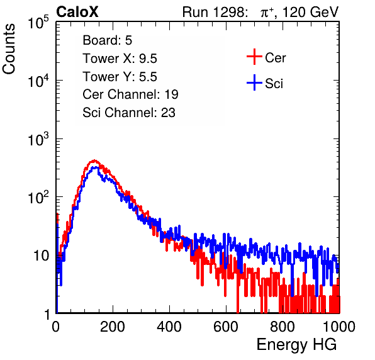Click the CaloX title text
pyautogui.click(x=77, y=12)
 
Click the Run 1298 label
pyautogui.click(x=215, y=12)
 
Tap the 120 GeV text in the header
pyautogui.click(x=310, y=12)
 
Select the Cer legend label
pyautogui.click(x=275, y=58)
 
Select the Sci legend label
pyautogui.click(x=274, y=84)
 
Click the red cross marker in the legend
pyautogui.click(x=254, y=57)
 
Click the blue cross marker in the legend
pyautogui.click(x=254, y=82)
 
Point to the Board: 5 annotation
pyautogui.click(x=108, y=40)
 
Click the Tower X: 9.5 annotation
pyautogui.click(x=120, y=59)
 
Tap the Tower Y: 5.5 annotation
pyautogui.click(x=120, y=77)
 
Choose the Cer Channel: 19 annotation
pyautogui.click(x=130, y=94)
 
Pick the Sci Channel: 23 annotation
pyautogui.click(x=129, y=113)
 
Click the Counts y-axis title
pyautogui.click(x=9, y=49)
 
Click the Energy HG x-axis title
pyautogui.click(x=296, y=345)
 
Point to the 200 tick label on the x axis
pyautogui.click(x=113, y=327)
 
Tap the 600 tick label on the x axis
pyautogui.click(x=226, y=327)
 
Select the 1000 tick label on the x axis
pyautogui.click(x=339, y=327)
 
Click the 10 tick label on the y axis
pyautogui.click(x=42, y=256)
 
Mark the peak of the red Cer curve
pyautogui.click(x=94, y=160)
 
